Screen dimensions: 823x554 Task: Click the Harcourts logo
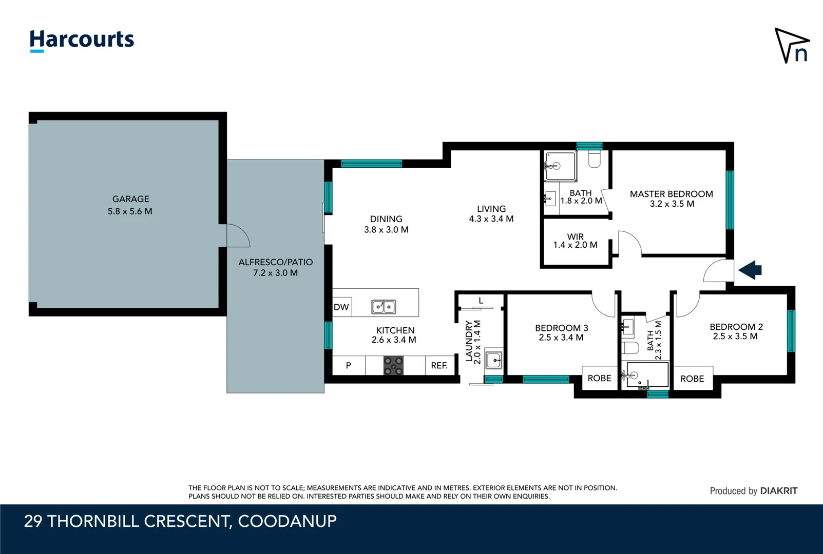point(82,41)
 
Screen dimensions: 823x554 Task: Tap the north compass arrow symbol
point(791,46)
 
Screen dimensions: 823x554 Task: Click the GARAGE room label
point(130,199)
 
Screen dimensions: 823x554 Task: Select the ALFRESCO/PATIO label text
point(276,262)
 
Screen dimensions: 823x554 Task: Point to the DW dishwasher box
point(342,307)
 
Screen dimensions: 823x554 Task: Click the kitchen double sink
point(384,307)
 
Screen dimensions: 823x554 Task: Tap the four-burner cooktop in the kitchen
point(393,365)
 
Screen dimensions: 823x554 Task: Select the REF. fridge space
point(440,365)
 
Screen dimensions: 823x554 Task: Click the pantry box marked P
point(349,365)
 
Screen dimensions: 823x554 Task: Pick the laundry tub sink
point(493,360)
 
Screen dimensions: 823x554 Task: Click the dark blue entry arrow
point(750,270)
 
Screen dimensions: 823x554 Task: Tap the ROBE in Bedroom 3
point(600,378)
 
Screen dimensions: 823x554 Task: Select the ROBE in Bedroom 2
point(693,378)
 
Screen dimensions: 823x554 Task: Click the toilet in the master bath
point(595,159)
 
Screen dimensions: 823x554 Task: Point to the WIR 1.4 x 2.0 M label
point(576,241)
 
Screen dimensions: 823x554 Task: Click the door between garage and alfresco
point(238,235)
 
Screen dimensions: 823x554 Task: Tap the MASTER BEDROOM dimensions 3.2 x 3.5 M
point(672,204)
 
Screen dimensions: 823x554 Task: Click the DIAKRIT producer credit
point(778,491)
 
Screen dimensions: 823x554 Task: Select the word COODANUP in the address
point(288,521)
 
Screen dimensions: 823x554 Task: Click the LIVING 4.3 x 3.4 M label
point(491,214)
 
